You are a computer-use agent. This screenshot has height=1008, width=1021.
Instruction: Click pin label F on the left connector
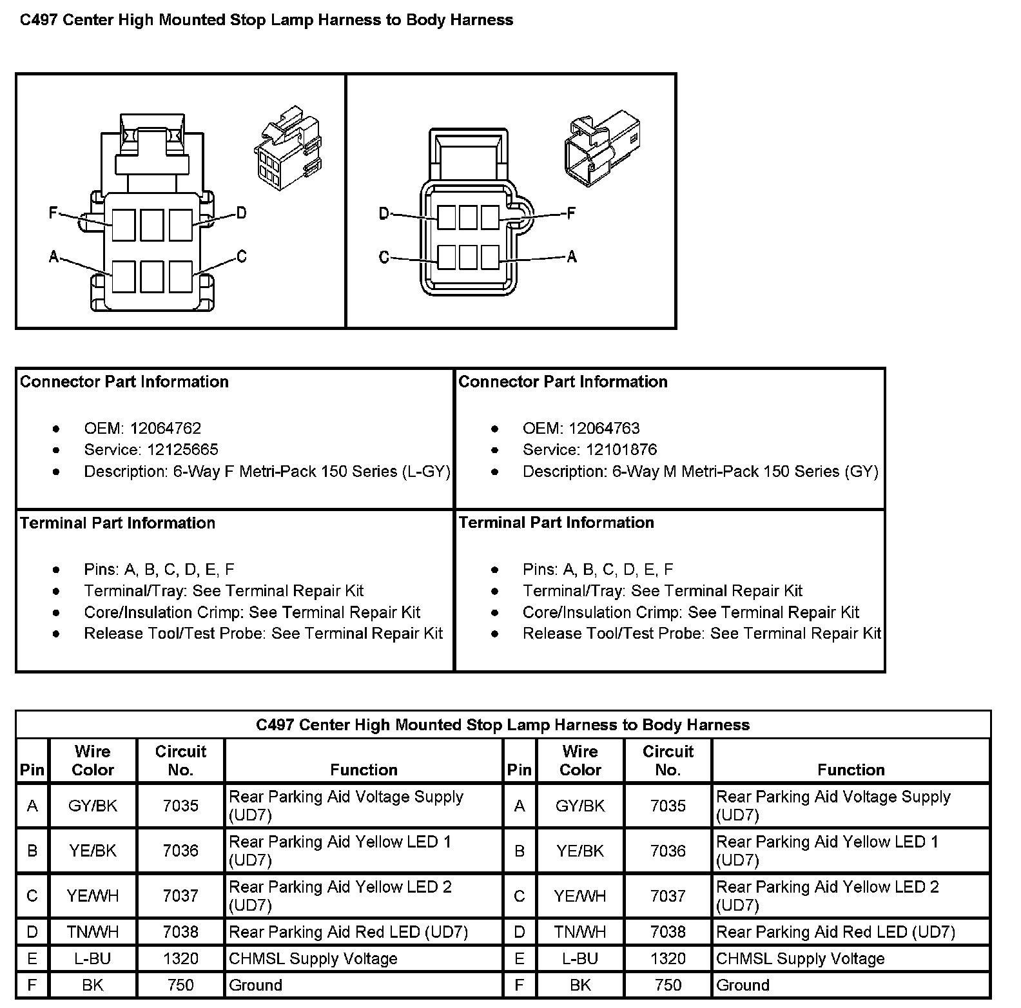click(x=53, y=212)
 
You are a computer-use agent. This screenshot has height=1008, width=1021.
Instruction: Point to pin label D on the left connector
click(x=241, y=213)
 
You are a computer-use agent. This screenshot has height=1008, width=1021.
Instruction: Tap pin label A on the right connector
click(x=571, y=257)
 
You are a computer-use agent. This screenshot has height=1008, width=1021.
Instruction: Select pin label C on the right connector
click(x=384, y=258)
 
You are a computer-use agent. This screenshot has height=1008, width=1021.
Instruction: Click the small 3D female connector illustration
click(x=288, y=149)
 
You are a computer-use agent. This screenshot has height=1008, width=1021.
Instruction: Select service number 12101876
click(x=618, y=450)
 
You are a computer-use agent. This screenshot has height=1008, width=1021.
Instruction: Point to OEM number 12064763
click(x=604, y=429)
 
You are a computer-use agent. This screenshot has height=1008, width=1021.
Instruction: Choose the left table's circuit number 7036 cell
click(x=180, y=851)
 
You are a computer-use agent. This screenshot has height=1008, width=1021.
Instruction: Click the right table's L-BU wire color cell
click(x=580, y=958)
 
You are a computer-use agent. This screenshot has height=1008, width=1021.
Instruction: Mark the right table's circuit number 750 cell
click(x=668, y=985)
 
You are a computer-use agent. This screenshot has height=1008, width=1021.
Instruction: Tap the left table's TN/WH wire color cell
click(x=93, y=932)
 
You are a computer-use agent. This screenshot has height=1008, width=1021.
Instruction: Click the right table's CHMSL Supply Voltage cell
click(x=800, y=958)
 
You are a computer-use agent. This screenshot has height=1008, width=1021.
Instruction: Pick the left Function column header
click(x=364, y=770)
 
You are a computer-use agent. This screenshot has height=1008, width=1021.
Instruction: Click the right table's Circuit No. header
click(x=668, y=761)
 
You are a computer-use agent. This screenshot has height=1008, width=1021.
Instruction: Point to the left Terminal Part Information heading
click(x=117, y=523)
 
